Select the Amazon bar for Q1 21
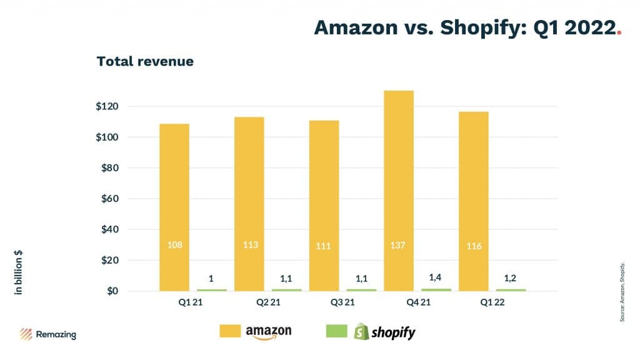tap(174, 207)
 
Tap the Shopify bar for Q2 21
tap(287, 289)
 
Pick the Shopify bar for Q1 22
tap(511, 289)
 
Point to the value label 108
tap(174, 245)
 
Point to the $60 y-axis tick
tap(110, 199)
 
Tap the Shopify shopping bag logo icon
tap(361, 331)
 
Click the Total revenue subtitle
tap(145, 61)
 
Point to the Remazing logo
tap(48, 334)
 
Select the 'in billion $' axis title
tap(19, 272)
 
